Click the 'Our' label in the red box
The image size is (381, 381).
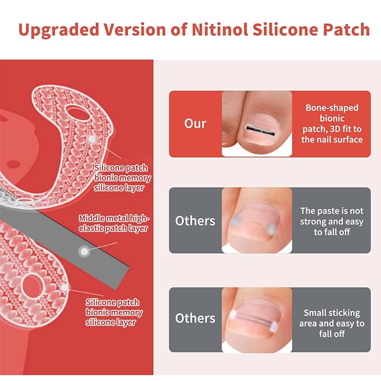(x=195, y=123)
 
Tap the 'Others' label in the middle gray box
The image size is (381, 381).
(x=195, y=221)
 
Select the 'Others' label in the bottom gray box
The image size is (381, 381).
(x=195, y=318)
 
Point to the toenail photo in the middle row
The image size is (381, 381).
(x=257, y=221)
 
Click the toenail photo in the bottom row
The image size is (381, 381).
(x=257, y=318)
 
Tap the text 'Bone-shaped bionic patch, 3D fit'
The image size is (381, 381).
(x=332, y=123)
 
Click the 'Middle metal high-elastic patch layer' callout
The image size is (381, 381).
(x=114, y=223)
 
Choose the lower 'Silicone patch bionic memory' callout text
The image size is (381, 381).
(x=114, y=312)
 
